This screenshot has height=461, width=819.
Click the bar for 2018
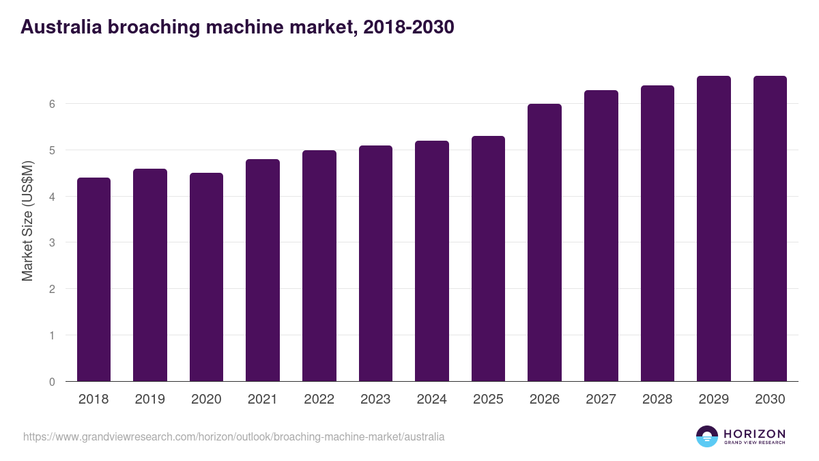94,279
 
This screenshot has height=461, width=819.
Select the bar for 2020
206,277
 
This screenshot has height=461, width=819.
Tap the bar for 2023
375,263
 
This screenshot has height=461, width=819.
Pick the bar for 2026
545,242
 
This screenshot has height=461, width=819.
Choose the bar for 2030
770,228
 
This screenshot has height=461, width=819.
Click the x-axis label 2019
149,400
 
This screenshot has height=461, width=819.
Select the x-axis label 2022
319,400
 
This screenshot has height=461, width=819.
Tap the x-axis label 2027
601,400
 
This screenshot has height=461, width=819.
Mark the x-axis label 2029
713,400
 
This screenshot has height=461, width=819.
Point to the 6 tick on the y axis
52,104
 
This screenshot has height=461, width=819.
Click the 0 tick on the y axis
52,382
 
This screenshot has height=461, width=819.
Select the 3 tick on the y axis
52,242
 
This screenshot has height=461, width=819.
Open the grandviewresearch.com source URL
233,436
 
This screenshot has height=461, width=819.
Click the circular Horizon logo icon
707,436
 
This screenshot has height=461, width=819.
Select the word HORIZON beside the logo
754,434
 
